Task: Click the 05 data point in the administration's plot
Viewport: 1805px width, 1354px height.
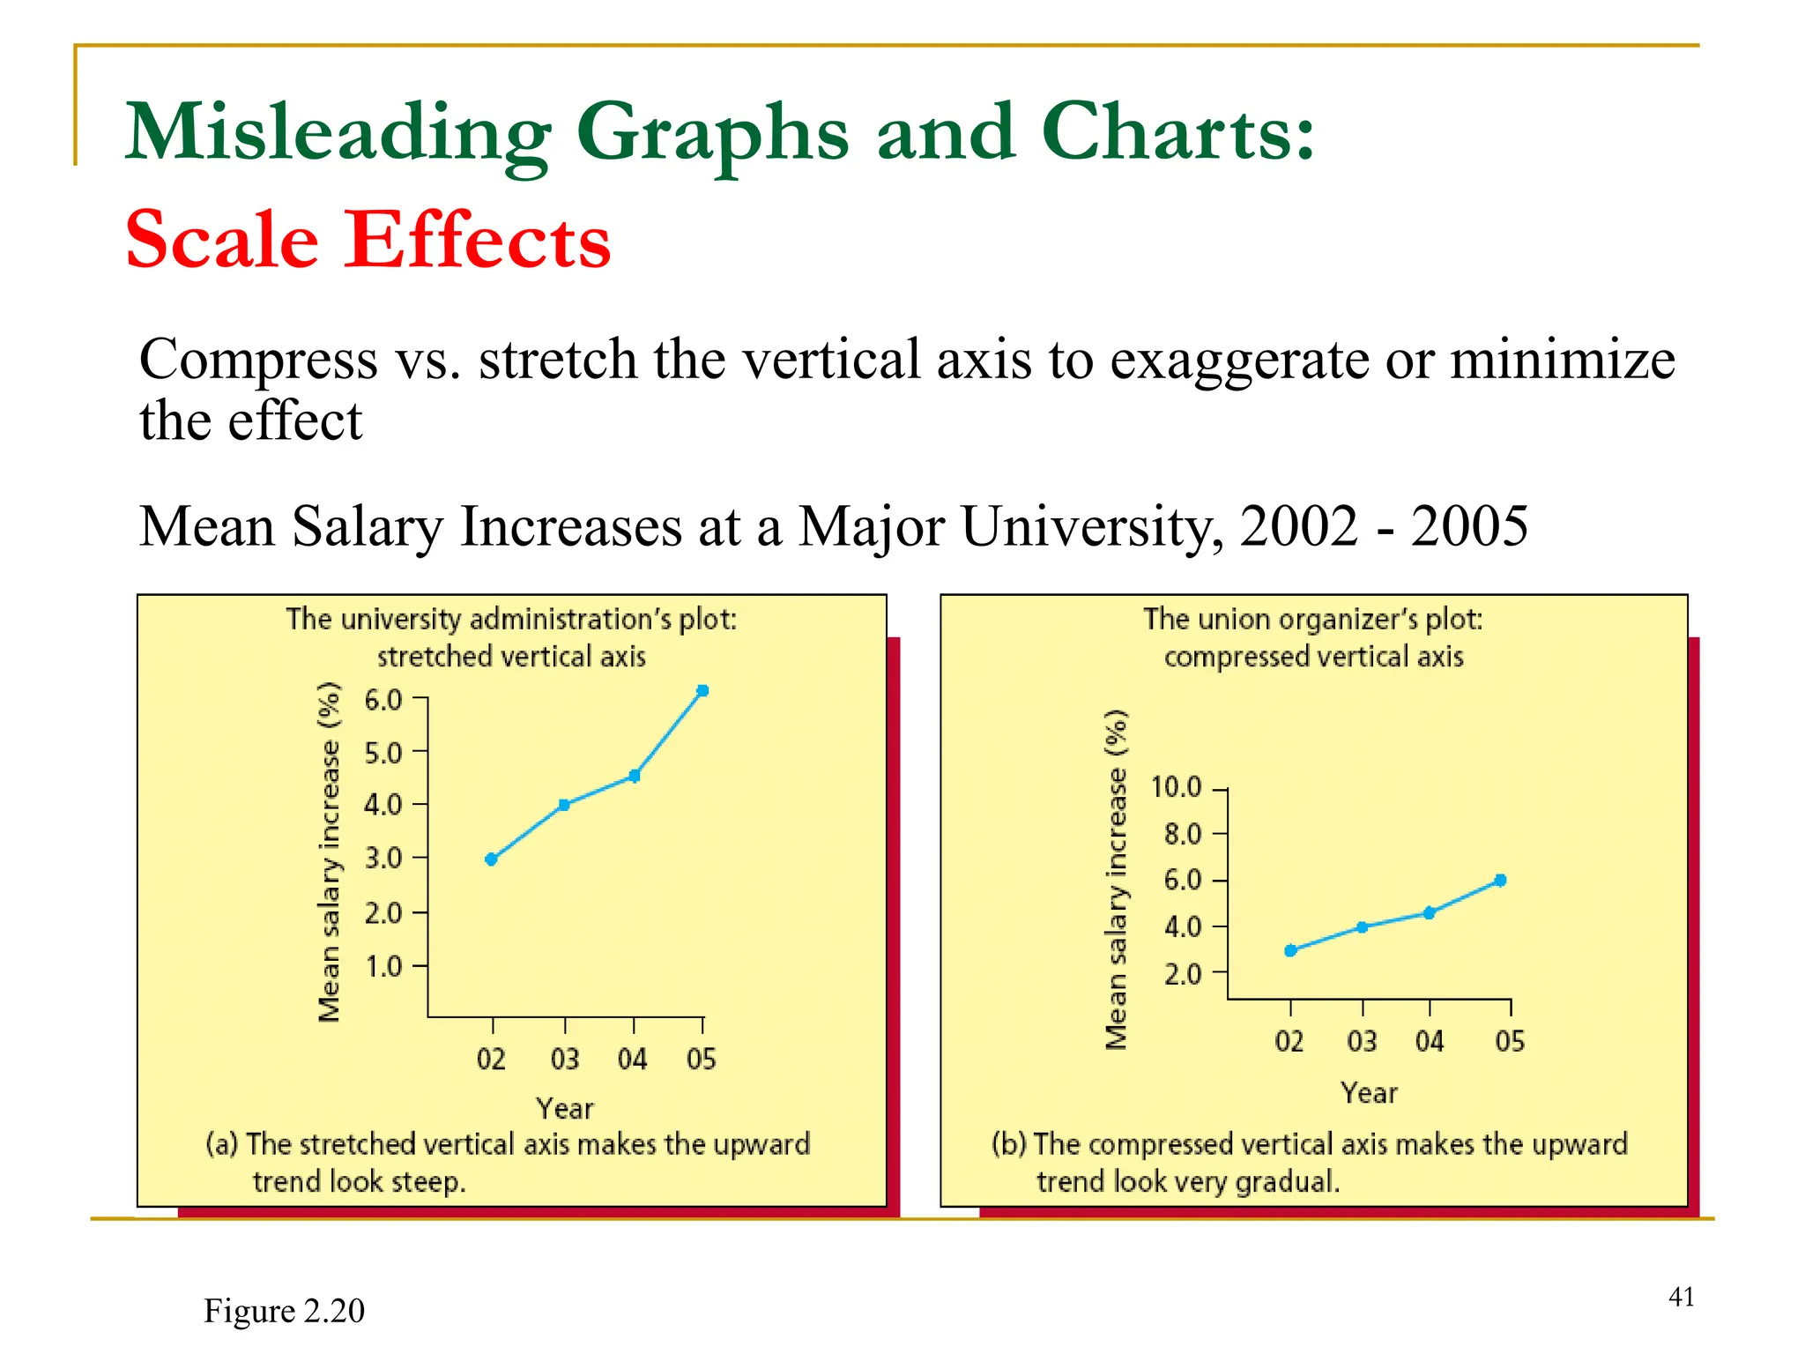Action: [702, 691]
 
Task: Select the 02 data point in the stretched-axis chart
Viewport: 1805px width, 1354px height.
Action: [492, 859]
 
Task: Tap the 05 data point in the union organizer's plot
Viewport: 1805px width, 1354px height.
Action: [1500, 881]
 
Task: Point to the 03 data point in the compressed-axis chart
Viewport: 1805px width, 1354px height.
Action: [1363, 927]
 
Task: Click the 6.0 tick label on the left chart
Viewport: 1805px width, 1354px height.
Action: [383, 701]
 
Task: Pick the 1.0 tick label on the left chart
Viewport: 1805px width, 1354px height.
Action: [383, 967]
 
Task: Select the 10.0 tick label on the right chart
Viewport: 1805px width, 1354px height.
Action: [1177, 787]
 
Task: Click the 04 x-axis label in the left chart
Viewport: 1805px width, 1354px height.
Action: [633, 1059]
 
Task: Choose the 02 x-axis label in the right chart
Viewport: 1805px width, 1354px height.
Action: [1289, 1042]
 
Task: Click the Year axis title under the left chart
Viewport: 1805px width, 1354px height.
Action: [565, 1108]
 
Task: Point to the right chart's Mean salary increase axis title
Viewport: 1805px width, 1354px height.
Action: [1117, 880]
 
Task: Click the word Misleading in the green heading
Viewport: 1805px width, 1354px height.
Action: [338, 134]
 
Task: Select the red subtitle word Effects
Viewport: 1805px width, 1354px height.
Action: [477, 240]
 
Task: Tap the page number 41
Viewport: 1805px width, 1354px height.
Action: [1682, 1297]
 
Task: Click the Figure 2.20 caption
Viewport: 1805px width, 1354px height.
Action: [284, 1311]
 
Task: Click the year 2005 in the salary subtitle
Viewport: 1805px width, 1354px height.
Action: [1469, 526]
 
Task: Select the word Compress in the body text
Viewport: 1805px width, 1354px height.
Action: [258, 361]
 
